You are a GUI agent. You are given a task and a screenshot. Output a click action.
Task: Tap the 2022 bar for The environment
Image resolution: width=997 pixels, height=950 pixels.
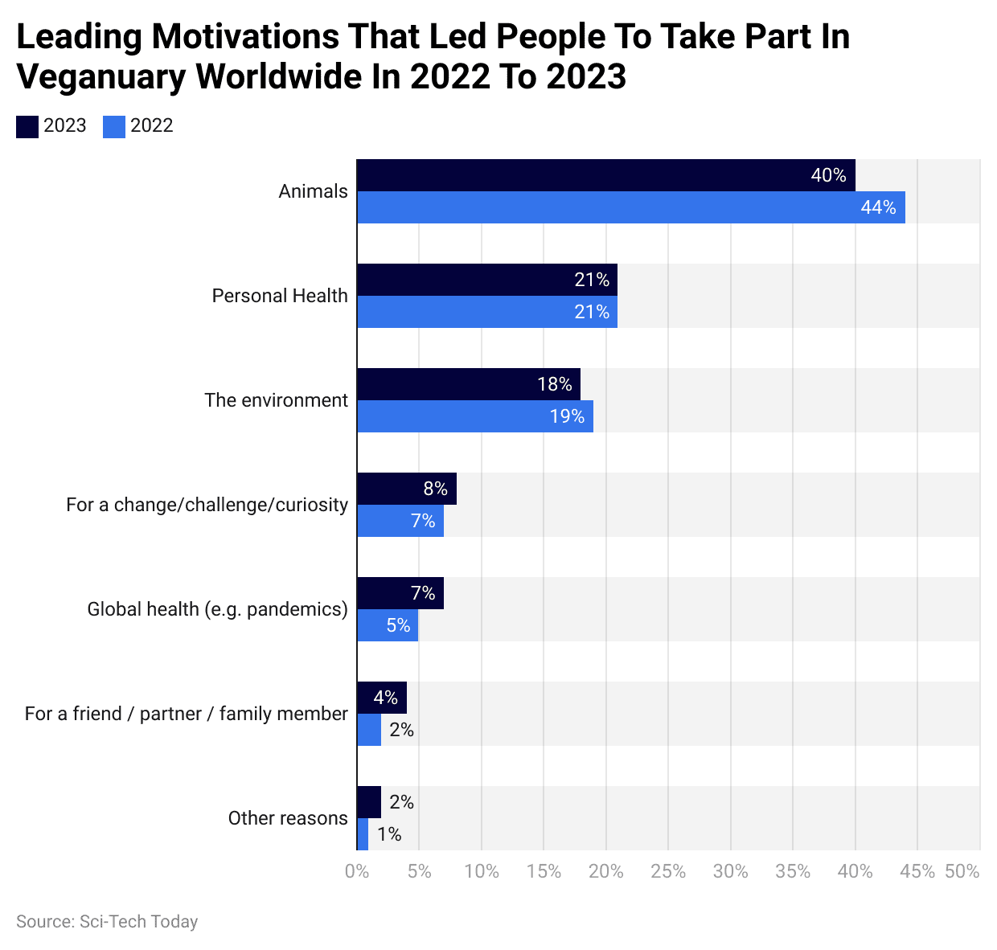click(x=474, y=416)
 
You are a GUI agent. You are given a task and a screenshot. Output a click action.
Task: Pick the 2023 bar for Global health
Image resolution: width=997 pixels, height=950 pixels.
click(x=400, y=593)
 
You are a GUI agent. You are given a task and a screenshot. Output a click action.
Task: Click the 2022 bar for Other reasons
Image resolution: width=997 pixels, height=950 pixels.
click(x=363, y=834)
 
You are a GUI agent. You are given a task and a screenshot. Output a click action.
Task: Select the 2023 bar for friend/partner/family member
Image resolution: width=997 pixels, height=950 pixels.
click(x=381, y=698)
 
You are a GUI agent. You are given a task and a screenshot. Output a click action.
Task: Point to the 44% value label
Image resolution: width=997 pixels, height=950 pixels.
click(x=878, y=207)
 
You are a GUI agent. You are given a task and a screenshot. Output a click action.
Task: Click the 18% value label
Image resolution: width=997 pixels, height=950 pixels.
click(x=555, y=384)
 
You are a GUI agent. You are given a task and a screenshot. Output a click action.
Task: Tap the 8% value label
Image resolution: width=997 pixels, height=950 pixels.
click(x=435, y=489)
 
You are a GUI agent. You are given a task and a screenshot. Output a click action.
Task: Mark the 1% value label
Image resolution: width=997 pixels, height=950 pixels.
click(x=389, y=834)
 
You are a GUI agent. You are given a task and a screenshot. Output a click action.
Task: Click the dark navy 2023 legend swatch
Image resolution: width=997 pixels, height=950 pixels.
click(x=27, y=126)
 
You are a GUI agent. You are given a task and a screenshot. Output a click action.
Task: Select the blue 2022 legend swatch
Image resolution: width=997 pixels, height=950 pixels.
click(x=114, y=126)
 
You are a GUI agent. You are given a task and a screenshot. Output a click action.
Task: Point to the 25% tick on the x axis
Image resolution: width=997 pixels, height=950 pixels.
click(x=668, y=871)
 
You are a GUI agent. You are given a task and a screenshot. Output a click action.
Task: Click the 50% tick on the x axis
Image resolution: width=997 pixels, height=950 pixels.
click(x=962, y=871)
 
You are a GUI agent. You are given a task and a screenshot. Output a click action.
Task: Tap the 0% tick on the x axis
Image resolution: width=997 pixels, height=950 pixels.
click(x=357, y=871)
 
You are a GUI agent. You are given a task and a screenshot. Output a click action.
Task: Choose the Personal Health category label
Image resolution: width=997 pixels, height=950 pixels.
click(x=280, y=296)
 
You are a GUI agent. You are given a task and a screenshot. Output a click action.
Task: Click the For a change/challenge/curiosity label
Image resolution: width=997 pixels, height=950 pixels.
click(x=207, y=505)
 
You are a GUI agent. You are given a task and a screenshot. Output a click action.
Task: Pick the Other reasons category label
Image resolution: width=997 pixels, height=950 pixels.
click(x=288, y=818)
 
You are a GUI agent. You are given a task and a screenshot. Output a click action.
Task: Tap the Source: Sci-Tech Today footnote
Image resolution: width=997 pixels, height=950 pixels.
click(x=107, y=922)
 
